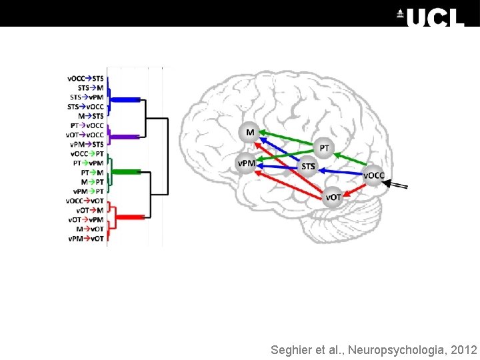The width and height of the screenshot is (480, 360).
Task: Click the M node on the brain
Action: pyautogui.click(x=249, y=133)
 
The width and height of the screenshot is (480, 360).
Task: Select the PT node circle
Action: pyautogui.click(x=323, y=147)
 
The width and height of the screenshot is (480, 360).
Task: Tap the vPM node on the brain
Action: pyautogui.click(x=247, y=163)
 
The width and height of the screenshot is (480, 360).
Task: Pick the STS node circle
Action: pyautogui.click(x=308, y=166)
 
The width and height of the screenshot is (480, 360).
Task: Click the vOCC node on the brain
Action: pyautogui.click(x=373, y=176)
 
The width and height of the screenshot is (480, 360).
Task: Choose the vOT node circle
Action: pyautogui.click(x=333, y=197)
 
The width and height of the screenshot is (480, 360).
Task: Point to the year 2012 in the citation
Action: pyautogui.click(x=464, y=350)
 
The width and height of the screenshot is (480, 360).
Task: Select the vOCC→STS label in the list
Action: pyautogui.click(x=85, y=78)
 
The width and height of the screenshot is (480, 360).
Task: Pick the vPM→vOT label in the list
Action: pyautogui.click(x=86, y=239)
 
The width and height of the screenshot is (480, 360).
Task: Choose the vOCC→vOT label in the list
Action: pyautogui.click(x=85, y=201)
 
